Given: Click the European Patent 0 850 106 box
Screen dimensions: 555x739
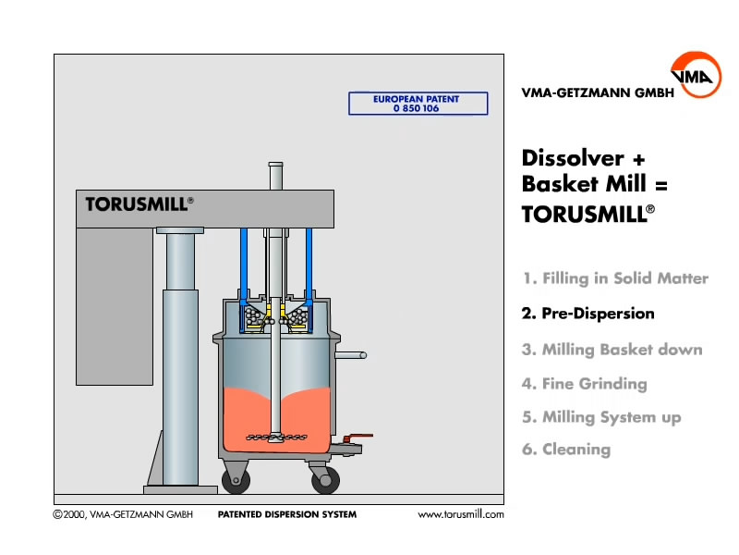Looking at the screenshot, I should point(418,104).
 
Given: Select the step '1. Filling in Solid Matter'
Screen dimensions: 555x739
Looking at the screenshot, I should point(615,278).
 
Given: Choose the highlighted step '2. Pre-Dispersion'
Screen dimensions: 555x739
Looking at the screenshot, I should point(588,314).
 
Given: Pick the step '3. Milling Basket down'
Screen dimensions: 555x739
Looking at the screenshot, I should point(612,350).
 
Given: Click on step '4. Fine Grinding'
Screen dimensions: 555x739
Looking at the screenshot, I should point(584,384).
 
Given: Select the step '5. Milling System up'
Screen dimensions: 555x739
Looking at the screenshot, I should point(601,417).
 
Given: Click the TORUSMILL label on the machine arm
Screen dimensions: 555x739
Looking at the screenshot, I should point(139,204).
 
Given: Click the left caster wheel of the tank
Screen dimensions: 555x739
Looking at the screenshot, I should point(235,479).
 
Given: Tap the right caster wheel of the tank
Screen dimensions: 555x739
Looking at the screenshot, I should point(325,479).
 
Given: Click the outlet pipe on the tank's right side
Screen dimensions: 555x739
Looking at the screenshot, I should point(350,355).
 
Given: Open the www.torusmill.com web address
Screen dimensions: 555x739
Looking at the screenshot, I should point(461,514).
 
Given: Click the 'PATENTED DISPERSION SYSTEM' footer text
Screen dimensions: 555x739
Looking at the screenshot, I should point(286,514).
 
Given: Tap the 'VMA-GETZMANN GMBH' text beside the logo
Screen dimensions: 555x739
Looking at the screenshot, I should point(591,92).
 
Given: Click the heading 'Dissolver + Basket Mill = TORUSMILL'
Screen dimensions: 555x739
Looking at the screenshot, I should point(594,185).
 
